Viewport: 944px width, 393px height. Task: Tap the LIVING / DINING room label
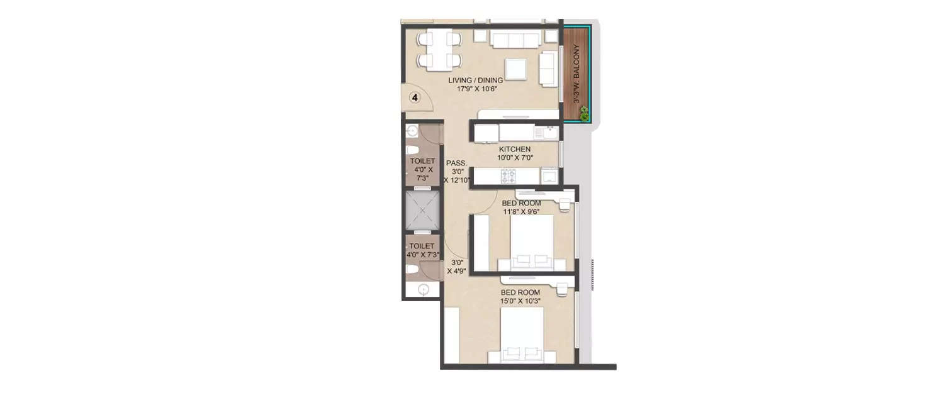click(x=475, y=80)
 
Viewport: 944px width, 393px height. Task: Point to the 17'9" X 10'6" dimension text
click(x=475, y=89)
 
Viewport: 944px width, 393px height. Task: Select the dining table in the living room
click(x=439, y=50)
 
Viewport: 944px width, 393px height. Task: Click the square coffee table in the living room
click(x=515, y=69)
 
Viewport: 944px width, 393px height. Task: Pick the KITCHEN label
click(x=515, y=150)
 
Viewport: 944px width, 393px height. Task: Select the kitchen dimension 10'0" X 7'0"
click(x=515, y=158)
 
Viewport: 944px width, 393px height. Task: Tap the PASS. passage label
click(x=455, y=162)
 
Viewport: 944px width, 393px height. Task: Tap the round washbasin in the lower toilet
click(x=424, y=290)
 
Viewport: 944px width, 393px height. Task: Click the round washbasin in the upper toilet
click(x=412, y=131)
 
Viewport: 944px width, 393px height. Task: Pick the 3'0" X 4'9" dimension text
click(x=456, y=267)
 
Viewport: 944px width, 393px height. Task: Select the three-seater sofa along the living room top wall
click(x=516, y=40)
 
